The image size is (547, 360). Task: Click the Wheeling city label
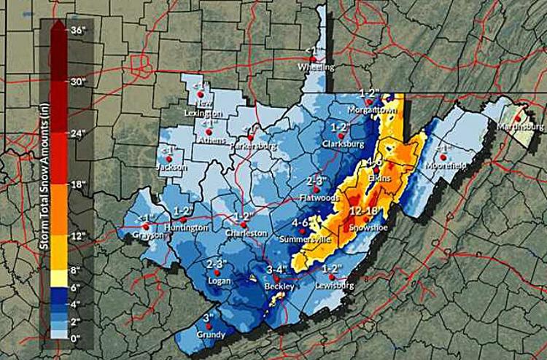(316, 68)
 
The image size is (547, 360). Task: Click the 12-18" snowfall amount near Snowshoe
(362, 211)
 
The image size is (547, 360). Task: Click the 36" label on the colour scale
(78, 30)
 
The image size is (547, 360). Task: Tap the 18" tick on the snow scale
(78, 184)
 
